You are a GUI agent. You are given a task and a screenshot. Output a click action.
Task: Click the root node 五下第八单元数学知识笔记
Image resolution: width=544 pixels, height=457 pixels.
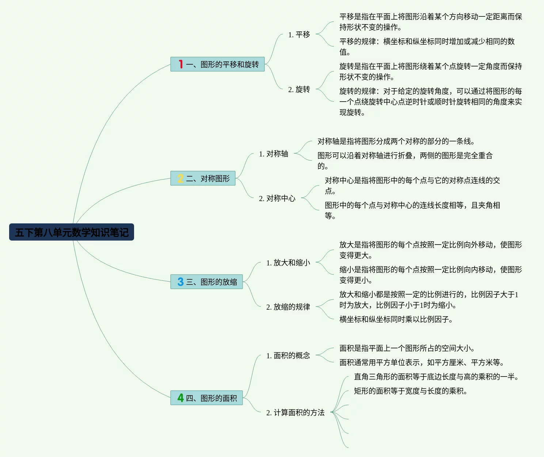tap(72, 232)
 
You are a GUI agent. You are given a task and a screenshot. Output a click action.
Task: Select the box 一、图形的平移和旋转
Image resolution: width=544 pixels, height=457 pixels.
tap(217, 64)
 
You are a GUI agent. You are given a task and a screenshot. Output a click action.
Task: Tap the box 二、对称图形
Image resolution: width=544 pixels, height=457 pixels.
tap(203, 178)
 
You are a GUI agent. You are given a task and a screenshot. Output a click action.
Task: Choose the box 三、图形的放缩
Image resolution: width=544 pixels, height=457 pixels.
tap(206, 282)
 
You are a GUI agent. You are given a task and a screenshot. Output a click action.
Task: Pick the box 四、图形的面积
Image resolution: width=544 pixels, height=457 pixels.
tap(206, 398)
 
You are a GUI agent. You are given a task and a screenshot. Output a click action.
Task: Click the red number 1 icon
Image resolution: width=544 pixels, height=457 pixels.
tap(180, 64)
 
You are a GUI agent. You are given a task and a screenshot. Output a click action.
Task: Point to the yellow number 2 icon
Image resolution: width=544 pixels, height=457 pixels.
tap(180, 178)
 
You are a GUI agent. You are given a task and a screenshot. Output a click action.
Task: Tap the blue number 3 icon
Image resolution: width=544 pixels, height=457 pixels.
tap(180, 282)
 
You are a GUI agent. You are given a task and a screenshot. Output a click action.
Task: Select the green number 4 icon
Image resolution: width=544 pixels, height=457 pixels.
tap(180, 398)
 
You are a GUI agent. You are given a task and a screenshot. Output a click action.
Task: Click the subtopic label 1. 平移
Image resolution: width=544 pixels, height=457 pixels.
tap(299, 35)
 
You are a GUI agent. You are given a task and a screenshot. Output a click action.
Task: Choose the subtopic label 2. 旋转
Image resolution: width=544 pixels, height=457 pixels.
tap(299, 90)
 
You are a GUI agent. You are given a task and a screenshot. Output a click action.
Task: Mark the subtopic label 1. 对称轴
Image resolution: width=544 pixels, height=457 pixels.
tap(273, 154)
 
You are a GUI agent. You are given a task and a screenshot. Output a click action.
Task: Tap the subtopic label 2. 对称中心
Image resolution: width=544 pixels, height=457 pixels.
tap(277, 199)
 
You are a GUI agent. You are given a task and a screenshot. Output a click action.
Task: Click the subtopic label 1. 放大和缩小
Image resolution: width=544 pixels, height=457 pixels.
tap(288, 263)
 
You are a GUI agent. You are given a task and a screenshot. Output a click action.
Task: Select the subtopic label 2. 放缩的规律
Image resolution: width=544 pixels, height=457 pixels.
tap(288, 307)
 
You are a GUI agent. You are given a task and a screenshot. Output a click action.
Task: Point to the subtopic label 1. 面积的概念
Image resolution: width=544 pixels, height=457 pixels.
tap(288, 356)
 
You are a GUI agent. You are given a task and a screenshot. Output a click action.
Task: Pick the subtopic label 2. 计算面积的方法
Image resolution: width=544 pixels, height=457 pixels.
tap(295, 413)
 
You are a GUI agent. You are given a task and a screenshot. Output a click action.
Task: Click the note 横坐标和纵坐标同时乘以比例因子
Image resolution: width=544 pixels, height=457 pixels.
tap(396, 320)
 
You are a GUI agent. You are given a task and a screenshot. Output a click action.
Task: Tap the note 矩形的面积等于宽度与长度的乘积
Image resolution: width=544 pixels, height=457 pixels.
tap(411, 391)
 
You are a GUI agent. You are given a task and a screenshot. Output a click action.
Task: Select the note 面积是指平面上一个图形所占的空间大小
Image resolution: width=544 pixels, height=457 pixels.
tap(407, 348)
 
